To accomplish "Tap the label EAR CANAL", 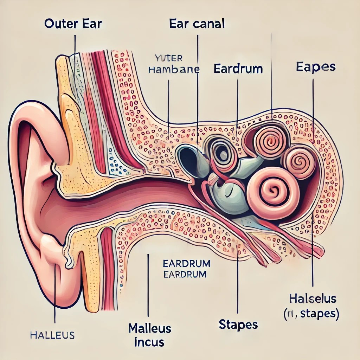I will click(x=197, y=24).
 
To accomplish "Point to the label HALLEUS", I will click(x=52, y=335).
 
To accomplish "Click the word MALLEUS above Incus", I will click(x=150, y=329).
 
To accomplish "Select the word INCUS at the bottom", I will click(x=149, y=342).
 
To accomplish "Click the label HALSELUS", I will click(x=313, y=299).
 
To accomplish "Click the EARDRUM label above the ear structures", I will click(x=238, y=68).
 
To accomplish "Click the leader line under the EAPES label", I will click(x=313, y=105).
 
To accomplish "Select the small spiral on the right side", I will click(x=300, y=162).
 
